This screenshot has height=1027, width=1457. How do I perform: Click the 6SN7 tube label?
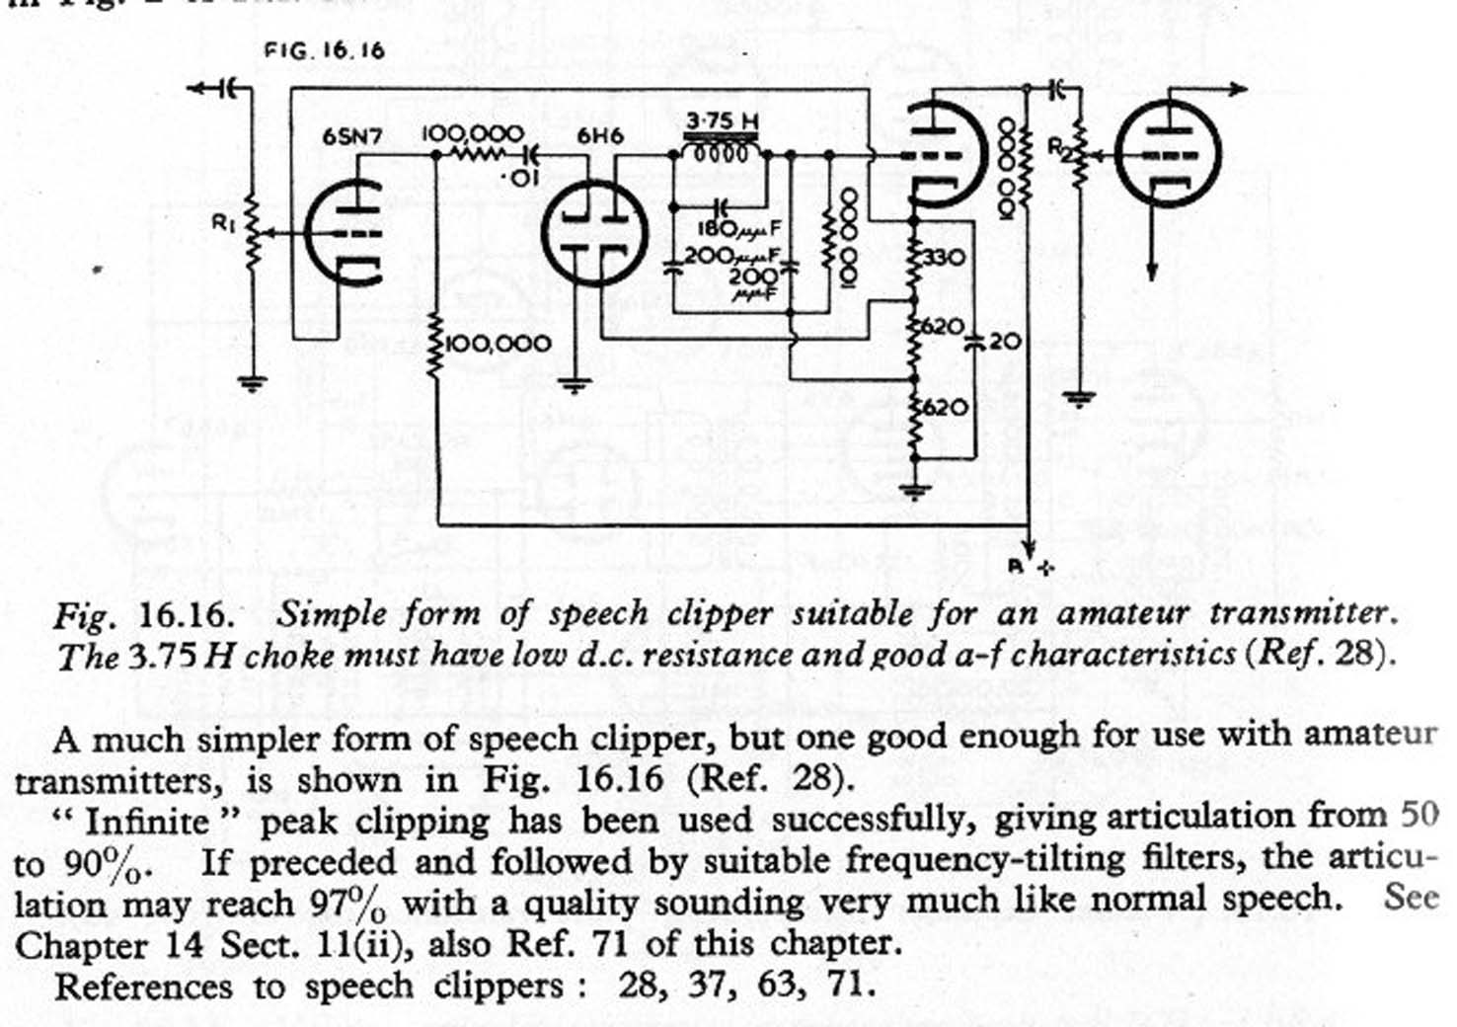pyautogui.click(x=351, y=137)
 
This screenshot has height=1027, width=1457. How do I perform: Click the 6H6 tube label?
pyautogui.click(x=600, y=137)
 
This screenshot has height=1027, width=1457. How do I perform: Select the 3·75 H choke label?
pyautogui.click(x=723, y=121)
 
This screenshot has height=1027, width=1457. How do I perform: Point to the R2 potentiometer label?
pyautogui.click(x=1057, y=147)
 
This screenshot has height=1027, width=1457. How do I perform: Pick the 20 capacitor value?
pyautogui.click(x=1005, y=342)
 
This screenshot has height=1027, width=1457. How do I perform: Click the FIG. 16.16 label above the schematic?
pyautogui.click(x=324, y=50)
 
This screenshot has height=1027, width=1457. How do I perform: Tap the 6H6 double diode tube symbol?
pyautogui.click(x=594, y=233)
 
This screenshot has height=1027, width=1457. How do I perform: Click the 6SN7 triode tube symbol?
pyautogui.click(x=343, y=233)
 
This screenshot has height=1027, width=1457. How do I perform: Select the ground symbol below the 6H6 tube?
pyautogui.click(x=575, y=385)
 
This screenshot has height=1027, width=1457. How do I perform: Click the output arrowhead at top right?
pyautogui.click(x=1236, y=90)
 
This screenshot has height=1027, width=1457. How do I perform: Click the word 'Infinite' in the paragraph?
pyautogui.click(x=147, y=821)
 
